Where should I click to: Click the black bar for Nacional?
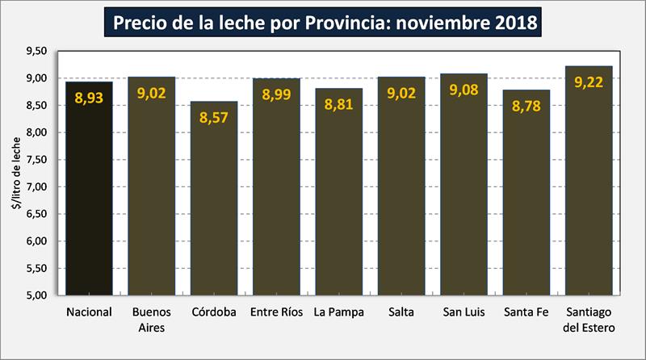pos(89,202)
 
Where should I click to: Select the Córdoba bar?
pos(214,210)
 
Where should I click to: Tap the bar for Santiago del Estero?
pos(589,194)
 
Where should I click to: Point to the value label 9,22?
pos(589,82)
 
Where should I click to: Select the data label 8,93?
pos(89,98)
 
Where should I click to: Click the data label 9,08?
pos(464,89)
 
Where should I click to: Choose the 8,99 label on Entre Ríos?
pos(276,94)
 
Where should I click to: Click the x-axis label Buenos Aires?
pos(151,320)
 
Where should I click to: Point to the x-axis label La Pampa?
pos(338,312)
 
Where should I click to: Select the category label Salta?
pos(401,312)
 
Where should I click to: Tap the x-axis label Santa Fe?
pos(526,312)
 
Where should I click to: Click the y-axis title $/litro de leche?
pos(16,174)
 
